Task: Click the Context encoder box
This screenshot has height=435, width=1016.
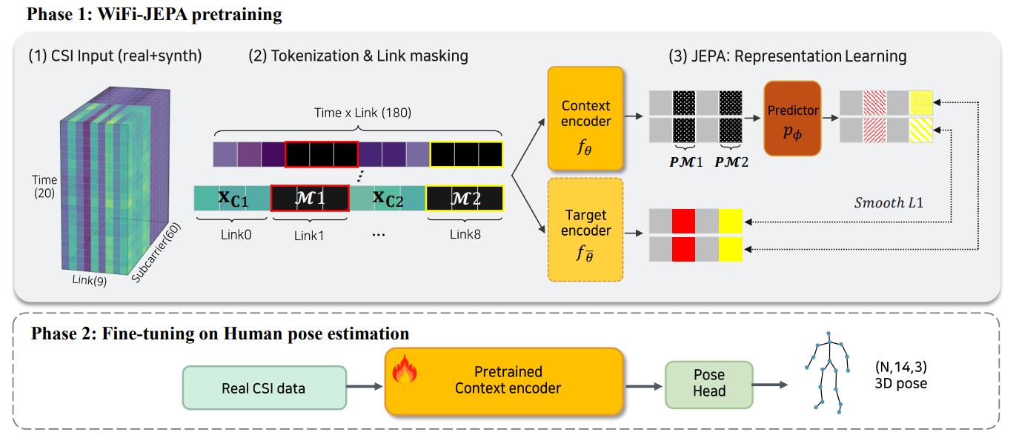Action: point(585,119)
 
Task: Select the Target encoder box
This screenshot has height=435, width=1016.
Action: point(585,230)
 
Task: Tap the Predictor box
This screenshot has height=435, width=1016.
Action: point(792,119)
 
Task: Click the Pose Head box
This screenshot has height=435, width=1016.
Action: point(709,385)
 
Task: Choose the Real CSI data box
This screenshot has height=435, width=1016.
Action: point(265,388)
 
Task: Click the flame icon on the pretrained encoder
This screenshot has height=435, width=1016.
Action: point(405,369)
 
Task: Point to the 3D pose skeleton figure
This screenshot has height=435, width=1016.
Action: point(828,373)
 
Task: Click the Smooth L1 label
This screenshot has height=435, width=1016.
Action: point(889,202)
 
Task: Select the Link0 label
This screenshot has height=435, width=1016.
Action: point(236,234)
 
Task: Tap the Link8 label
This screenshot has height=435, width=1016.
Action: point(465,234)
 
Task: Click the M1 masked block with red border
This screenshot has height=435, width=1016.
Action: point(310,198)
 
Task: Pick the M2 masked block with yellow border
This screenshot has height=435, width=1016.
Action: point(465,198)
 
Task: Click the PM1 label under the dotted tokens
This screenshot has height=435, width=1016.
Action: point(685,162)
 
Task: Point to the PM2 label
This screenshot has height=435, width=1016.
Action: point(731,162)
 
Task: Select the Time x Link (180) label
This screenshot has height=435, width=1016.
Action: point(362,113)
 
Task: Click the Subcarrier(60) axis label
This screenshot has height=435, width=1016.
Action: point(156,252)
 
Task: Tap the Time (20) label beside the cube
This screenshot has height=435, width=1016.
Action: point(44,187)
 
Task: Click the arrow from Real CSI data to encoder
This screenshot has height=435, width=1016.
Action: point(365,387)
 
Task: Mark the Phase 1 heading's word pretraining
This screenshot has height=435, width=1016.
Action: point(236,15)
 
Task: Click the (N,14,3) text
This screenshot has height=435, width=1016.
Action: point(901,367)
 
